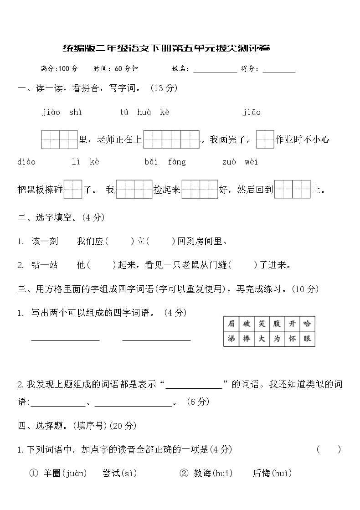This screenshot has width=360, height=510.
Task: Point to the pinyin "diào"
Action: (26, 162)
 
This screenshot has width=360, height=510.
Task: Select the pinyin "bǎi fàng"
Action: (165, 162)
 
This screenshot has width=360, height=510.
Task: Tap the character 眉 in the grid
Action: (231, 324)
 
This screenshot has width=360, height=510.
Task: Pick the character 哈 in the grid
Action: (307, 324)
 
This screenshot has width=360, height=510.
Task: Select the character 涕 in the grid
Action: (231, 339)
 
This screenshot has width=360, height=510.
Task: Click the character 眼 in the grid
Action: (307, 339)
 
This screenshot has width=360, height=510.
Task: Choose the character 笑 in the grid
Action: (262, 324)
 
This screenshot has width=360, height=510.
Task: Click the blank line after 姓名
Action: (215, 69)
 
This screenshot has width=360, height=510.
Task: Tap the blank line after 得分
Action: (279, 69)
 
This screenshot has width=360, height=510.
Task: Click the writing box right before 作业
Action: (265, 139)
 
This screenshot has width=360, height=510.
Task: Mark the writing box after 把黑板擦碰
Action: (72, 190)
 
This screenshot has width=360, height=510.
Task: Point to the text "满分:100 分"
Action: (59, 69)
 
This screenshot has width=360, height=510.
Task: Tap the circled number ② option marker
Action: (184, 474)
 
